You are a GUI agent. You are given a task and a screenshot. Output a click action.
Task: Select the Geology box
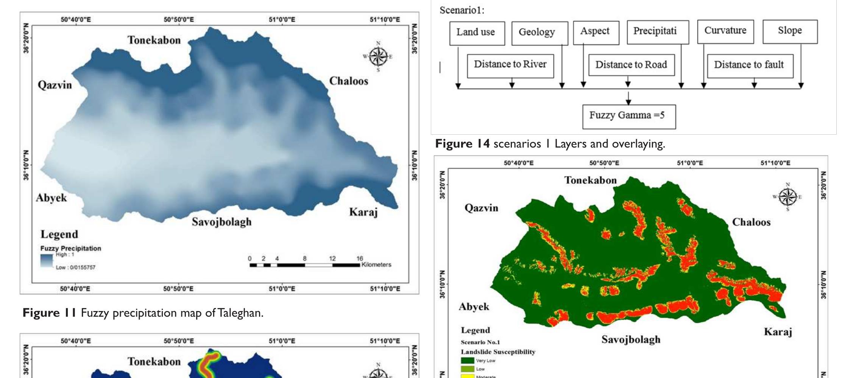click(x=539, y=33)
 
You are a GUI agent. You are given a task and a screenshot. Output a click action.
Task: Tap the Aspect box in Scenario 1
click(x=596, y=32)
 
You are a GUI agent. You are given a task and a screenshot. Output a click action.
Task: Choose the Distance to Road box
click(x=631, y=65)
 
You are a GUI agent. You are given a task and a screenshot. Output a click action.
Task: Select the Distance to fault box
click(x=750, y=65)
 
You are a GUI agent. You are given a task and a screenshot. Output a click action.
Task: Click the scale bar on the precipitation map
click(x=305, y=265)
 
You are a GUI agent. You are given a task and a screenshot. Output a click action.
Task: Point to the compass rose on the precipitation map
click(x=378, y=56)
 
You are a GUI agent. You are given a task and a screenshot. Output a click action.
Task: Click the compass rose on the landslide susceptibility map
click(x=787, y=197)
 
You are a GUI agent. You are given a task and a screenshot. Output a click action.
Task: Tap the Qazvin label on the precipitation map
click(x=55, y=85)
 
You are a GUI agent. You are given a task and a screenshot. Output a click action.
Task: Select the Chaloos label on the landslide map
click(x=751, y=222)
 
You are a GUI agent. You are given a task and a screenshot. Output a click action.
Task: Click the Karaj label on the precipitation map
click(x=363, y=212)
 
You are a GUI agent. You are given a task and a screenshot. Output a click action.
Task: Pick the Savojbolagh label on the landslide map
click(x=631, y=339)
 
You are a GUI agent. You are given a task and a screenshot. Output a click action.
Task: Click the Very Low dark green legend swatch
click(x=467, y=361)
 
